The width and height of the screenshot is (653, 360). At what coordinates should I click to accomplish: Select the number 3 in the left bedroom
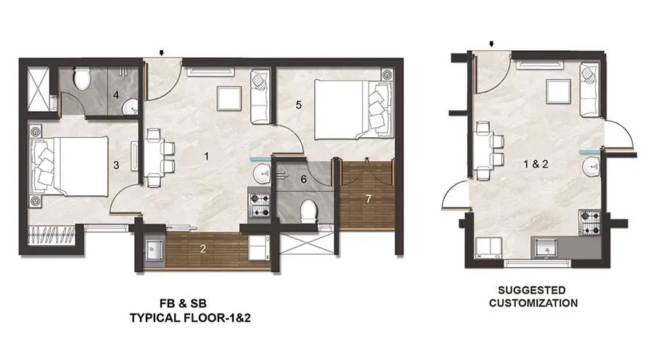pyautogui.click(x=116, y=165)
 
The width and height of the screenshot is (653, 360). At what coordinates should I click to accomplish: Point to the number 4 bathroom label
pyautogui.click(x=115, y=94)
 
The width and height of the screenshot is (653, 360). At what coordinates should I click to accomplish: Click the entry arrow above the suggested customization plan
pyautogui.click(x=493, y=44)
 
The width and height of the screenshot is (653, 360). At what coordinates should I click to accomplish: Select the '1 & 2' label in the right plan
pyautogui.click(x=537, y=164)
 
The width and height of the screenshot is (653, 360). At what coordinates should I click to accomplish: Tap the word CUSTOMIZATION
pyautogui.click(x=533, y=303)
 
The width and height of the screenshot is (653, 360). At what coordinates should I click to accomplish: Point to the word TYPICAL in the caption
pyautogui.click(x=158, y=318)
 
